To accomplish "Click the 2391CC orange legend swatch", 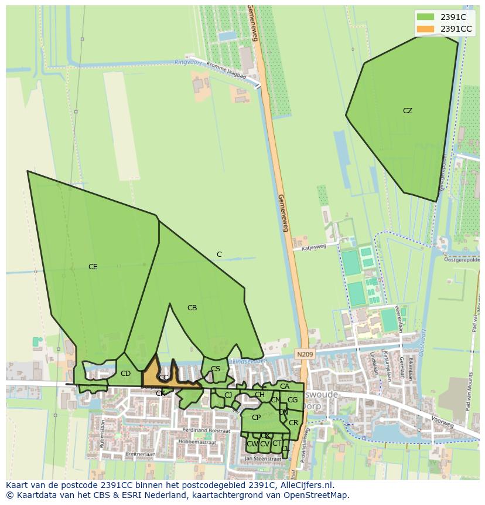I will point(426,29).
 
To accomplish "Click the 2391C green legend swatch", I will point(426,17).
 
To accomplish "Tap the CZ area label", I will point(408,111).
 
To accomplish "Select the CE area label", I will point(93,267).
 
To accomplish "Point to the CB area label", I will point(192,308).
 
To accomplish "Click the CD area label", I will point(125,374).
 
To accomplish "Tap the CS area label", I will point(216,369).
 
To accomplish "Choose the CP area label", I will point(256,418).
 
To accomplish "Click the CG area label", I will point(292,400).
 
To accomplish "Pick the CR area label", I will point(293,423).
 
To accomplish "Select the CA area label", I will point(285,387).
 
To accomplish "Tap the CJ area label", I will point(228,395).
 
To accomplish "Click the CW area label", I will point(252,444).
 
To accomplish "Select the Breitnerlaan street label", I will point(139,454).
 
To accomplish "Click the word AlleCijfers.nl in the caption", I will point(306,485).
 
